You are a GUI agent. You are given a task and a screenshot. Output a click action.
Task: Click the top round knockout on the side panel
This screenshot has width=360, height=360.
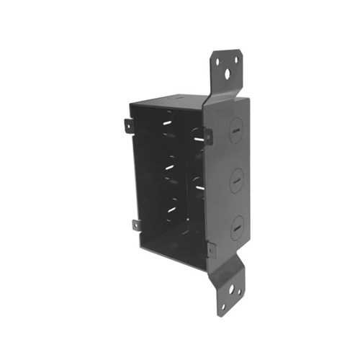(x=236, y=130)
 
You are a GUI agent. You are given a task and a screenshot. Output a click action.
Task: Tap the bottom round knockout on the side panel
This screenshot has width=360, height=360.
(x=238, y=227)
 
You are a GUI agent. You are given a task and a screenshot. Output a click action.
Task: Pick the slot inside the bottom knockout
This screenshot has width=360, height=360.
(x=238, y=228)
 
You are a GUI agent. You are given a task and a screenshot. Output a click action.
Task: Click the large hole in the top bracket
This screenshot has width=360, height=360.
(x=228, y=73)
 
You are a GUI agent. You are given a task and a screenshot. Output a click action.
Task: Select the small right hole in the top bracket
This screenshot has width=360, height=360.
(x=235, y=60)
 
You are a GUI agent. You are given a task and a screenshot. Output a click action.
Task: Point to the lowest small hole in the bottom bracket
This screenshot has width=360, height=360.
(x=223, y=305)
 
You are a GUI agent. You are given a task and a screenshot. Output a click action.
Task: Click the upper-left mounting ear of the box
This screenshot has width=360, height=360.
(x=128, y=126)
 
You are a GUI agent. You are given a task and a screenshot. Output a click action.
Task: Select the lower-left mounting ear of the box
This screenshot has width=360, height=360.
(x=136, y=225)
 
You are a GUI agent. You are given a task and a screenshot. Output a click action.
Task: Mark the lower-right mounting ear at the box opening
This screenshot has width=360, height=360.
(x=211, y=250)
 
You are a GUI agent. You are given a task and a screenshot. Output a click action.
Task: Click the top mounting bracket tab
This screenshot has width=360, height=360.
(x=226, y=69)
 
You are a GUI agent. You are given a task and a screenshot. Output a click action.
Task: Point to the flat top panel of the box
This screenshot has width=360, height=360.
(x=180, y=100)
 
